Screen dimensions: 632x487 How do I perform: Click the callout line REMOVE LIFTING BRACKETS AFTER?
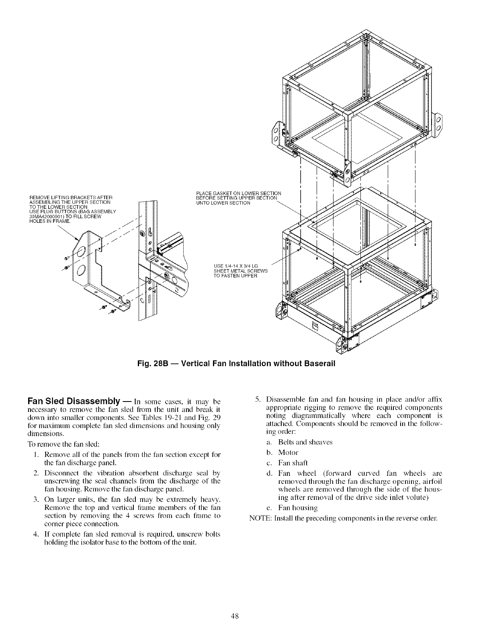(71, 196)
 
